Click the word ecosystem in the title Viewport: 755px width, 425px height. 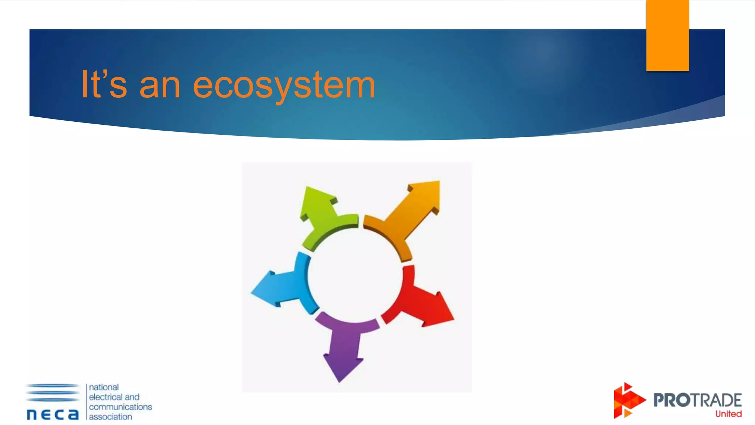click(284, 86)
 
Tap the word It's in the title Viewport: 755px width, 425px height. click(104, 85)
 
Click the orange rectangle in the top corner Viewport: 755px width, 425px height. click(667, 35)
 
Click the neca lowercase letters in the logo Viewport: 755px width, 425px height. click(53, 414)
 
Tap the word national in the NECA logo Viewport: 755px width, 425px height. click(104, 387)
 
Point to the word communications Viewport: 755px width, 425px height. click(120, 407)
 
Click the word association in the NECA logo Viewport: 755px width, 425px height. click(110, 417)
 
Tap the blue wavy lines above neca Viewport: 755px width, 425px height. click(53, 392)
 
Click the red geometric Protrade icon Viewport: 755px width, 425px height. click(628, 401)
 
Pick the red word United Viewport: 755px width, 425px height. click(728, 414)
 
